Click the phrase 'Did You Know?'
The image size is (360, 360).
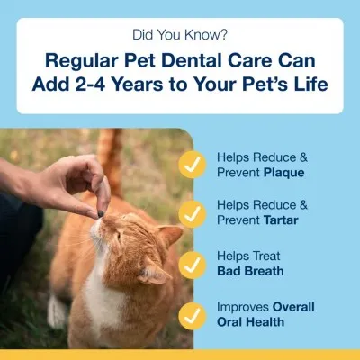click(x=180, y=39)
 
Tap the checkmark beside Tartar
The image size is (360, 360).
click(x=214, y=214)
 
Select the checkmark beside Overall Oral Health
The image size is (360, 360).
click(x=214, y=314)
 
